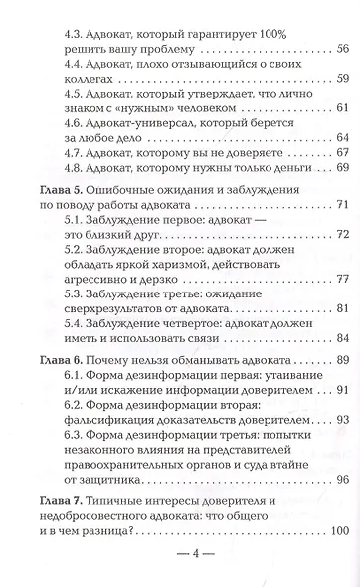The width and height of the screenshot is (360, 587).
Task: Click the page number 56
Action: coord(341,49)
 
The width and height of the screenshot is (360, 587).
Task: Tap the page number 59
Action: coord(341,80)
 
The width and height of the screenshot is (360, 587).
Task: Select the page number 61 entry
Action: coord(341,108)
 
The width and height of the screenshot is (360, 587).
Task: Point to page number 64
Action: coord(341,137)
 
